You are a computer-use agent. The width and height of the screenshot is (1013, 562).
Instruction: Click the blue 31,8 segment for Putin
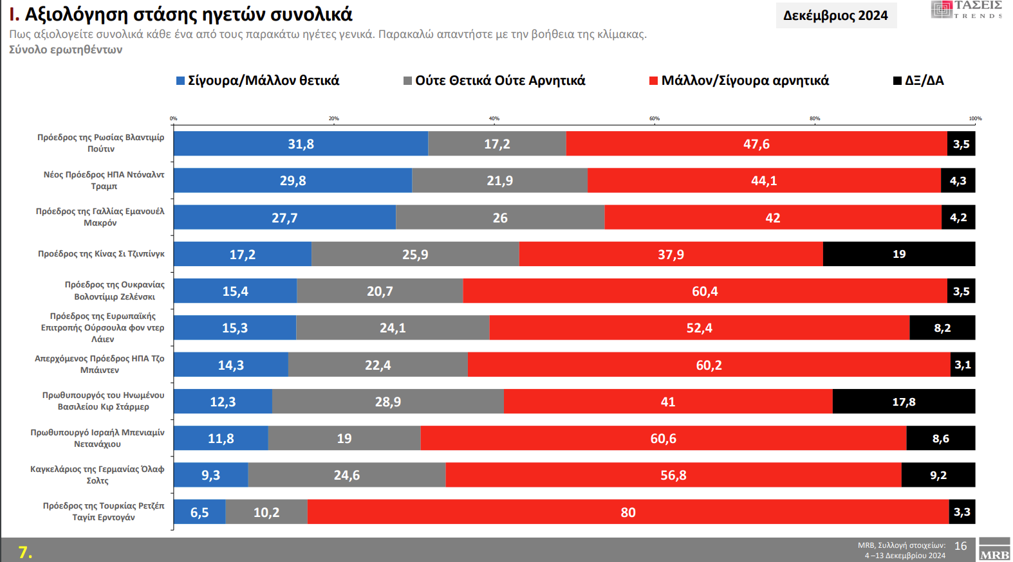tap(301, 144)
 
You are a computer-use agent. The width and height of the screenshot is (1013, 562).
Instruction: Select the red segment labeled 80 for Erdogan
tap(627, 512)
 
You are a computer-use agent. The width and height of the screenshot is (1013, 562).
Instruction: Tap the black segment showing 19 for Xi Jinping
tap(898, 254)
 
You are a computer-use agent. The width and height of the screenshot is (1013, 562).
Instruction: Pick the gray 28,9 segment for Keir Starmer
tap(387, 402)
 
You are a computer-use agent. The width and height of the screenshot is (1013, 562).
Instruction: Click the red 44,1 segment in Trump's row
tap(763, 181)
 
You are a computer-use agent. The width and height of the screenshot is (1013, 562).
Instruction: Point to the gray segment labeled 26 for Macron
tap(500, 218)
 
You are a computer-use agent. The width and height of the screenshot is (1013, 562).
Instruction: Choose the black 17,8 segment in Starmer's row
tap(903, 402)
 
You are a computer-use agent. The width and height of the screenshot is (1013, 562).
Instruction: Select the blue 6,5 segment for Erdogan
tap(200, 512)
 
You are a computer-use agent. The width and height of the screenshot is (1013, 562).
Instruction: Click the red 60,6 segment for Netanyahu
tap(663, 439)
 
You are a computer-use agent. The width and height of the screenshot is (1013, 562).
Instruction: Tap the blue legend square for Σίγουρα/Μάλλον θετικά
tap(181, 81)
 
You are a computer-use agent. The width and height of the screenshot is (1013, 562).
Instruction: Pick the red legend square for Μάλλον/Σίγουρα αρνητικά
tap(653, 81)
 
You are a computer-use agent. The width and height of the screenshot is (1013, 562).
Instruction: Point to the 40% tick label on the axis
tap(494, 118)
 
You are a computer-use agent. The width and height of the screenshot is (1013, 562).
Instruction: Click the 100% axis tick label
tap(975, 118)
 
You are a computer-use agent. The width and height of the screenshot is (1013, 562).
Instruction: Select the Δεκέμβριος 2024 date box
tap(835, 15)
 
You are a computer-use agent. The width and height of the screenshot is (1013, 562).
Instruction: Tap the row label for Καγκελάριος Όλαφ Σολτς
tap(97, 475)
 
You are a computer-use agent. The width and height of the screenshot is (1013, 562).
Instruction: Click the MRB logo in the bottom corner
tap(994, 551)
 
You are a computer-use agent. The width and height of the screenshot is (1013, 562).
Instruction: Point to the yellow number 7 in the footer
tap(24, 552)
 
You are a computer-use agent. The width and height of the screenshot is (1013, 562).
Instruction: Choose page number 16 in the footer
tap(960, 546)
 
